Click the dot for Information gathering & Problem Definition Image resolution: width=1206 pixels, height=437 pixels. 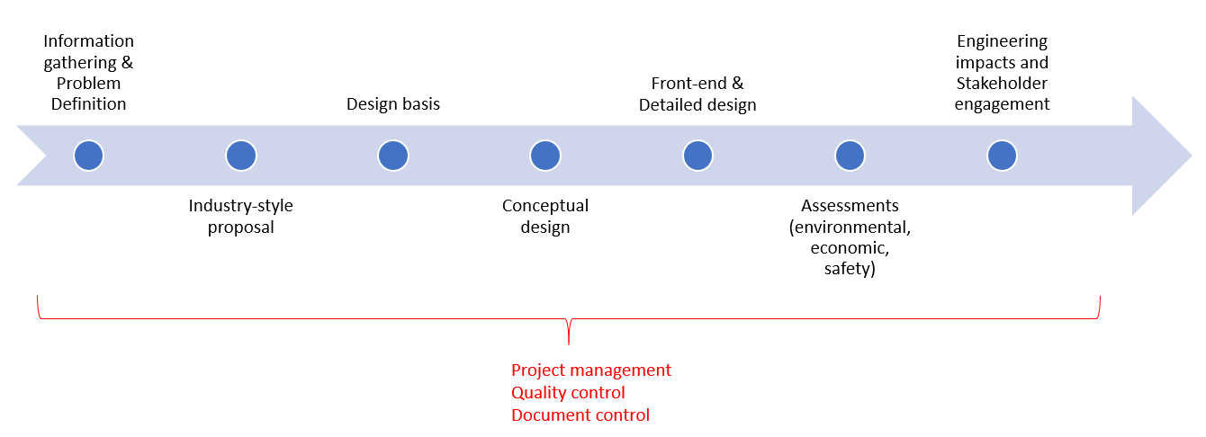88,156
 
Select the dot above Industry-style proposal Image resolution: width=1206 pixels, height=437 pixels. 240,156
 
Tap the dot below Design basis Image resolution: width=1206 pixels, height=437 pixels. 393,156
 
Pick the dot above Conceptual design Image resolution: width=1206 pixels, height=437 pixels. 545,156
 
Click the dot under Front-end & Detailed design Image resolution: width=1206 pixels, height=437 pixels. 697,156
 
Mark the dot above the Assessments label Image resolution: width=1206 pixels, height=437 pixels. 850,156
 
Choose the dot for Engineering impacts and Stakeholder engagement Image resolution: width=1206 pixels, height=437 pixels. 1002,156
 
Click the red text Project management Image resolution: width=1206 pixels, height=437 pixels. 590,370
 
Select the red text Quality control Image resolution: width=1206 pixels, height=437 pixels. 568,393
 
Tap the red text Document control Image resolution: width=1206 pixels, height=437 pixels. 580,415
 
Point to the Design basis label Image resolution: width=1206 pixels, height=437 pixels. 393,104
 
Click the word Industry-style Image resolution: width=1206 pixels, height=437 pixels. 240,206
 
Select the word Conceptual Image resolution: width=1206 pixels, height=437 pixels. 545,206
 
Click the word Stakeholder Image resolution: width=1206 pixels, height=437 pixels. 1003,84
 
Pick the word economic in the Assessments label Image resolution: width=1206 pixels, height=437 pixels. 850,248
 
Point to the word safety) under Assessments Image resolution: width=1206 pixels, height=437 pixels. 850,269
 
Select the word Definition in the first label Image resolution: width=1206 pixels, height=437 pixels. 88,104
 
